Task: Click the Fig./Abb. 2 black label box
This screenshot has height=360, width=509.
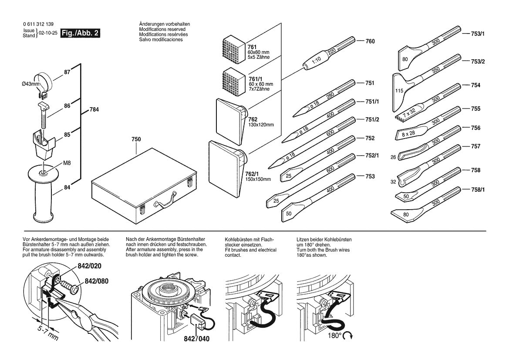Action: point(81,33)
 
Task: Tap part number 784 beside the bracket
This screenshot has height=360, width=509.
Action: point(94,110)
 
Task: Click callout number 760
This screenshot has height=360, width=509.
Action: point(370,41)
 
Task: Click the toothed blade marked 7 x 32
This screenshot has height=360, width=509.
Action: point(408,114)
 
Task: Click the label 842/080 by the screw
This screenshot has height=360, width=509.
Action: point(97,281)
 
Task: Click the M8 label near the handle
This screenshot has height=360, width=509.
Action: point(67,163)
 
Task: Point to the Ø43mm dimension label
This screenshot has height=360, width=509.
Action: point(31,83)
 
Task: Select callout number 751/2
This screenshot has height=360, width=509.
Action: point(371,119)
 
